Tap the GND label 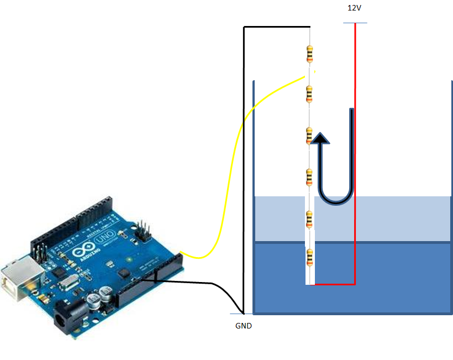pos(243,326)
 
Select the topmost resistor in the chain pos(309,54)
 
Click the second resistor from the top pos(309,94)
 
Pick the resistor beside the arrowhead pos(309,135)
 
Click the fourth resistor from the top pos(309,177)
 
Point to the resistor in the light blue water pos(309,220)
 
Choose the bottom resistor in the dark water pos(309,258)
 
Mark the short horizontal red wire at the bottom pos(335,284)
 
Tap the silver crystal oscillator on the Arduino pos(68,284)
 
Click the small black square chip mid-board pos(123,274)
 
